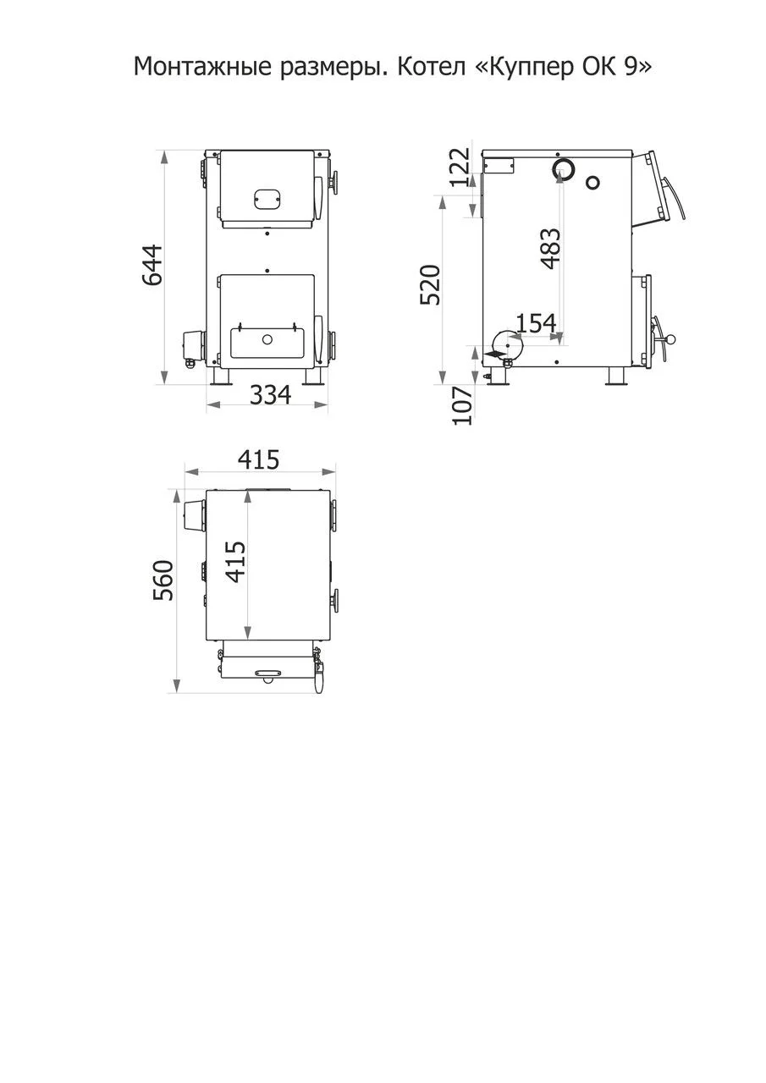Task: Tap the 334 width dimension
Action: pos(270,394)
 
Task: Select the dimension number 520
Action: pos(430,285)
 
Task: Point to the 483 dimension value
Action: pos(551,248)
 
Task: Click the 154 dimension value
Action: pos(537,323)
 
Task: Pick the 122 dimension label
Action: pos(460,168)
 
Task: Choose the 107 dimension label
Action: pos(462,405)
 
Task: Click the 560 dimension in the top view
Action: pos(163,580)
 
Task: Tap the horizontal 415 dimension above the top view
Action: pos(259,459)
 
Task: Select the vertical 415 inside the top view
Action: pos(236,562)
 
